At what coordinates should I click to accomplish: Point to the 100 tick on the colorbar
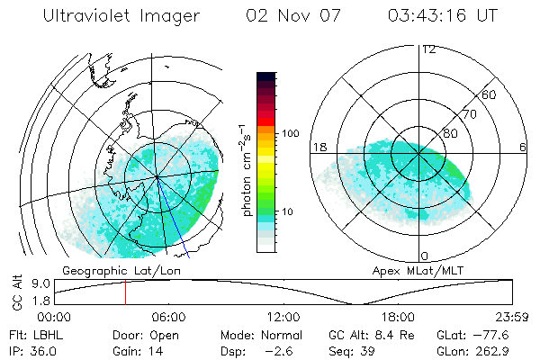[x=290, y=133]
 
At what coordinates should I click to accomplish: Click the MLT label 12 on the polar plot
[x=428, y=49]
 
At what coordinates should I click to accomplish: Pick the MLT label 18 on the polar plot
[x=318, y=147]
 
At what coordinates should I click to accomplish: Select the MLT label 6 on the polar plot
[x=523, y=147]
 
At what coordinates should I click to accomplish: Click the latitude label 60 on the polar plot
[x=490, y=94]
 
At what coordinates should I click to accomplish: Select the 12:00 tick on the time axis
[x=283, y=317]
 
